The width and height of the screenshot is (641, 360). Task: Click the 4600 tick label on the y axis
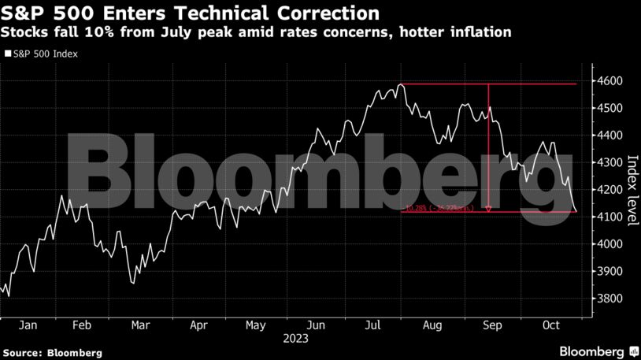[611, 81]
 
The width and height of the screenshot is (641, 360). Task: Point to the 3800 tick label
[611, 299]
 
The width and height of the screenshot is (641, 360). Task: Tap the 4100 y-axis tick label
[611, 217]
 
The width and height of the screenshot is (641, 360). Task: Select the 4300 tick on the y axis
[611, 163]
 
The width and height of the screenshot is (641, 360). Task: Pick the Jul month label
[374, 325]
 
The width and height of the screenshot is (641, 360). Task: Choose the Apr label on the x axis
[199, 325]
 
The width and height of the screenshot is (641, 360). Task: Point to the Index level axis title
[631, 189]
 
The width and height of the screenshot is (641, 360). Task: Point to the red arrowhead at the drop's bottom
[489, 209]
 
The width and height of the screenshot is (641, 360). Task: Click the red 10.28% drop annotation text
[441, 209]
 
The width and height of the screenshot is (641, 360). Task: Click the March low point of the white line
[132, 282]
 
